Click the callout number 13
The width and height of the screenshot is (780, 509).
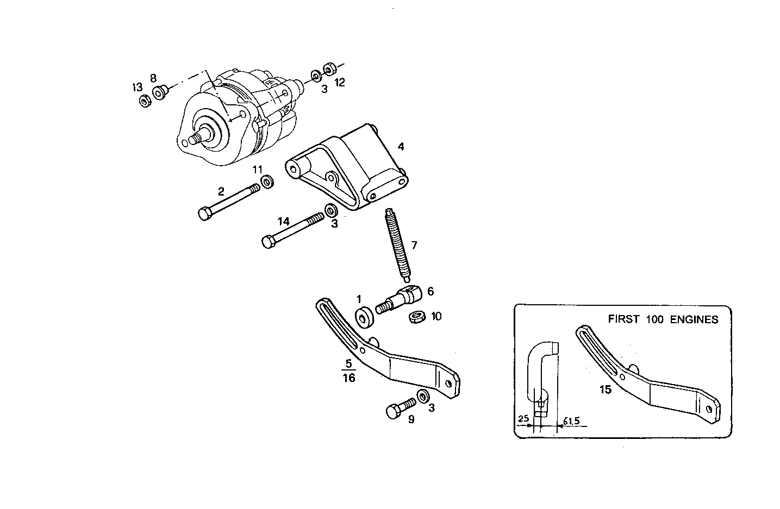pos(136,87)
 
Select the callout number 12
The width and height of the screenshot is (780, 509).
pos(340,83)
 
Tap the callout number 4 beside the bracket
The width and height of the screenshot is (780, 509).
pos(401,147)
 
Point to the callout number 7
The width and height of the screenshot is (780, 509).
pos(414,246)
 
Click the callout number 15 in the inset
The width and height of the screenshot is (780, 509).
pos(606,389)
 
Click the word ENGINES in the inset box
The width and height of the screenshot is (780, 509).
pos(694,319)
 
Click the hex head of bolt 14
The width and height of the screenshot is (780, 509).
pos(267,242)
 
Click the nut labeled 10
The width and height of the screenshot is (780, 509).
pos(416,316)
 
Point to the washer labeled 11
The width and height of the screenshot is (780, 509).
pos(267,181)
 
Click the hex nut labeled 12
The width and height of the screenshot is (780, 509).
pos(328,69)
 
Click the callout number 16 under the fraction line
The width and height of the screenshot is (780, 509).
pos(348,378)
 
